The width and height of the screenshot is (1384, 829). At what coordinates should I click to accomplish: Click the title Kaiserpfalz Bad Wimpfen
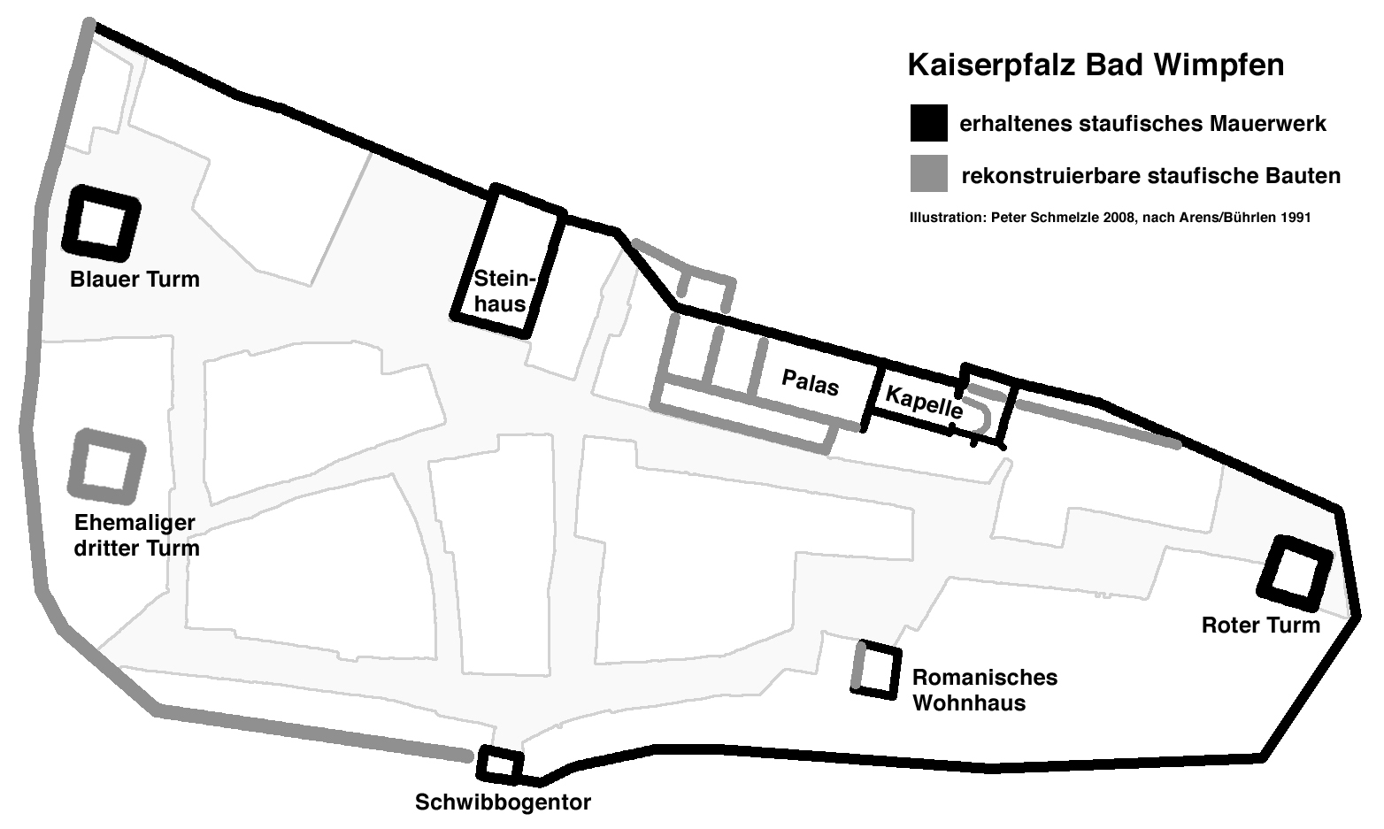pos(1095,65)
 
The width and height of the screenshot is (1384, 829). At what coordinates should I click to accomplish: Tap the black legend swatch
pos(928,123)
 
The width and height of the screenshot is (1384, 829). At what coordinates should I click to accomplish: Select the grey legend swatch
pos(928,174)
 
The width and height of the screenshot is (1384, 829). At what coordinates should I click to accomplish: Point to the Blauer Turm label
pos(135,280)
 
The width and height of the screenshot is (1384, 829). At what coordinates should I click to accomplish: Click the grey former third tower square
pos(106,464)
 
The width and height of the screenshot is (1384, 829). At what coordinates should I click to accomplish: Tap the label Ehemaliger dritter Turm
pos(136,535)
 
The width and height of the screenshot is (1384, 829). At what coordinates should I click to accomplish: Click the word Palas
pos(810,382)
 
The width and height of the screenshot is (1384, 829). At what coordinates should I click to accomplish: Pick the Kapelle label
pos(923,403)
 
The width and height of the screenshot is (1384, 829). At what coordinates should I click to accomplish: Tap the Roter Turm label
pos(1260,626)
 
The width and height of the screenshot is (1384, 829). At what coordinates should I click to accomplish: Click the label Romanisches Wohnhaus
pos(984,690)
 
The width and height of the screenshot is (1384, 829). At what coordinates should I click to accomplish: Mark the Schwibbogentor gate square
pos(500,764)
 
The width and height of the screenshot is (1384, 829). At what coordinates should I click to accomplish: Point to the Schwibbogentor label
pos(503,802)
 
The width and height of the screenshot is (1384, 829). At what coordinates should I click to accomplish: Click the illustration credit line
pos(1110,217)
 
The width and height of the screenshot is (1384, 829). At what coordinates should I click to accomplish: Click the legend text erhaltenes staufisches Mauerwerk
pos(1142,124)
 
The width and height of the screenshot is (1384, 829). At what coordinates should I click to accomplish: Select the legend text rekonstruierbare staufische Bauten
pos(1150,176)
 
